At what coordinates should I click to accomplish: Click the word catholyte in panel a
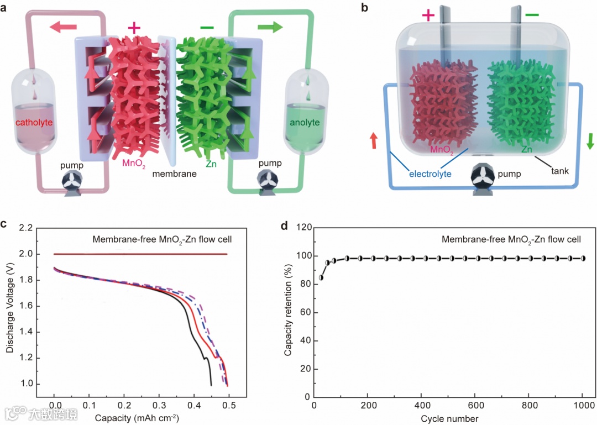pyautogui.click(x=35, y=122)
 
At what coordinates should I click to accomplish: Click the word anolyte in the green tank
pyautogui.click(x=305, y=122)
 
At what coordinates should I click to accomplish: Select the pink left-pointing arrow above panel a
pyautogui.click(x=57, y=27)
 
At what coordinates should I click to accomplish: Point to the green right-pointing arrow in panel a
pyautogui.click(x=269, y=27)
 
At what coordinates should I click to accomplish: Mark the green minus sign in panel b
pyautogui.click(x=532, y=14)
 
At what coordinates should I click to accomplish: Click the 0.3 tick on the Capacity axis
pyautogui.click(x=159, y=405)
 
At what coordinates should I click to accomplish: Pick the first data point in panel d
pyautogui.click(x=321, y=277)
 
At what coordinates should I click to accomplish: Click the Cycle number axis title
pyautogui.click(x=449, y=418)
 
